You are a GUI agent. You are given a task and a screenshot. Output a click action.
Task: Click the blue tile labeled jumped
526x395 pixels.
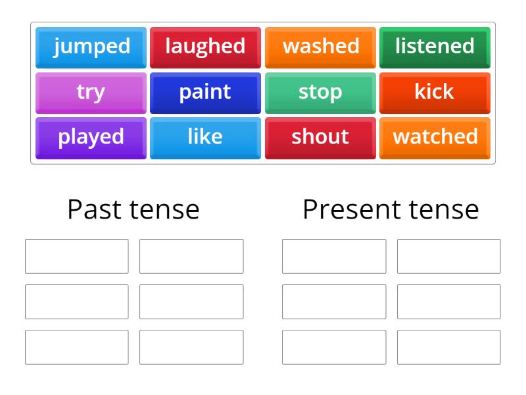click(91, 47)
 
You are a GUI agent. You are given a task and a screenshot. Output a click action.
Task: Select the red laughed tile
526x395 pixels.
click(205, 47)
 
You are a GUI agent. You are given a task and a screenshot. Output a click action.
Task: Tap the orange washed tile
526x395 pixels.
click(320, 47)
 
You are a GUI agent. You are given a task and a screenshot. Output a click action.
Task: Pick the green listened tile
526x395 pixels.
click(435, 47)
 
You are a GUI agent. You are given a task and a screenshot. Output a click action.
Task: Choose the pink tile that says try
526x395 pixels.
click(91, 92)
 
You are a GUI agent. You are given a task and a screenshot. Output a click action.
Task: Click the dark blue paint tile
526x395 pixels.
click(205, 92)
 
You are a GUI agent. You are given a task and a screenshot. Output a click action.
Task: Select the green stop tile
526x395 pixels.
click(320, 92)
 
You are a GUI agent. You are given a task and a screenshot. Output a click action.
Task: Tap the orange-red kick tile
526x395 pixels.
click(435, 92)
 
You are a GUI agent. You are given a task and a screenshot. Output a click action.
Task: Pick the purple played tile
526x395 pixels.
click(91, 138)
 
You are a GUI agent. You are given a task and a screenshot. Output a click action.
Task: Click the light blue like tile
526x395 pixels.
click(205, 138)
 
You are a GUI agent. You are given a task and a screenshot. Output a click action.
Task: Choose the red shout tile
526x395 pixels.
click(320, 138)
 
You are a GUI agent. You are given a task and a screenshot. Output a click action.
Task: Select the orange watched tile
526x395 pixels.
click(435, 138)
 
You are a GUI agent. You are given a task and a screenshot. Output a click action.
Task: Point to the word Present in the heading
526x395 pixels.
click(346, 209)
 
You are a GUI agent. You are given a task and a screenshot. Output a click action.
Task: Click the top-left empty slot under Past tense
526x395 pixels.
click(77, 256)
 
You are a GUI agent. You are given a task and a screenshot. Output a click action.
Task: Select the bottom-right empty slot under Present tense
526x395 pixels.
click(448, 347)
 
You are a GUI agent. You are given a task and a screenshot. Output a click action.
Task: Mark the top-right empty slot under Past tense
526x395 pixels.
click(191, 256)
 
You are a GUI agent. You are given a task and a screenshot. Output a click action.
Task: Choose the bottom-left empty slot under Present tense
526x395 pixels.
click(334, 347)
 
